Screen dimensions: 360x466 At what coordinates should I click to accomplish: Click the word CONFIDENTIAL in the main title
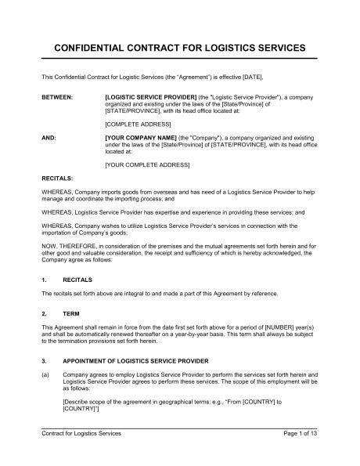click(x=92, y=48)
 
